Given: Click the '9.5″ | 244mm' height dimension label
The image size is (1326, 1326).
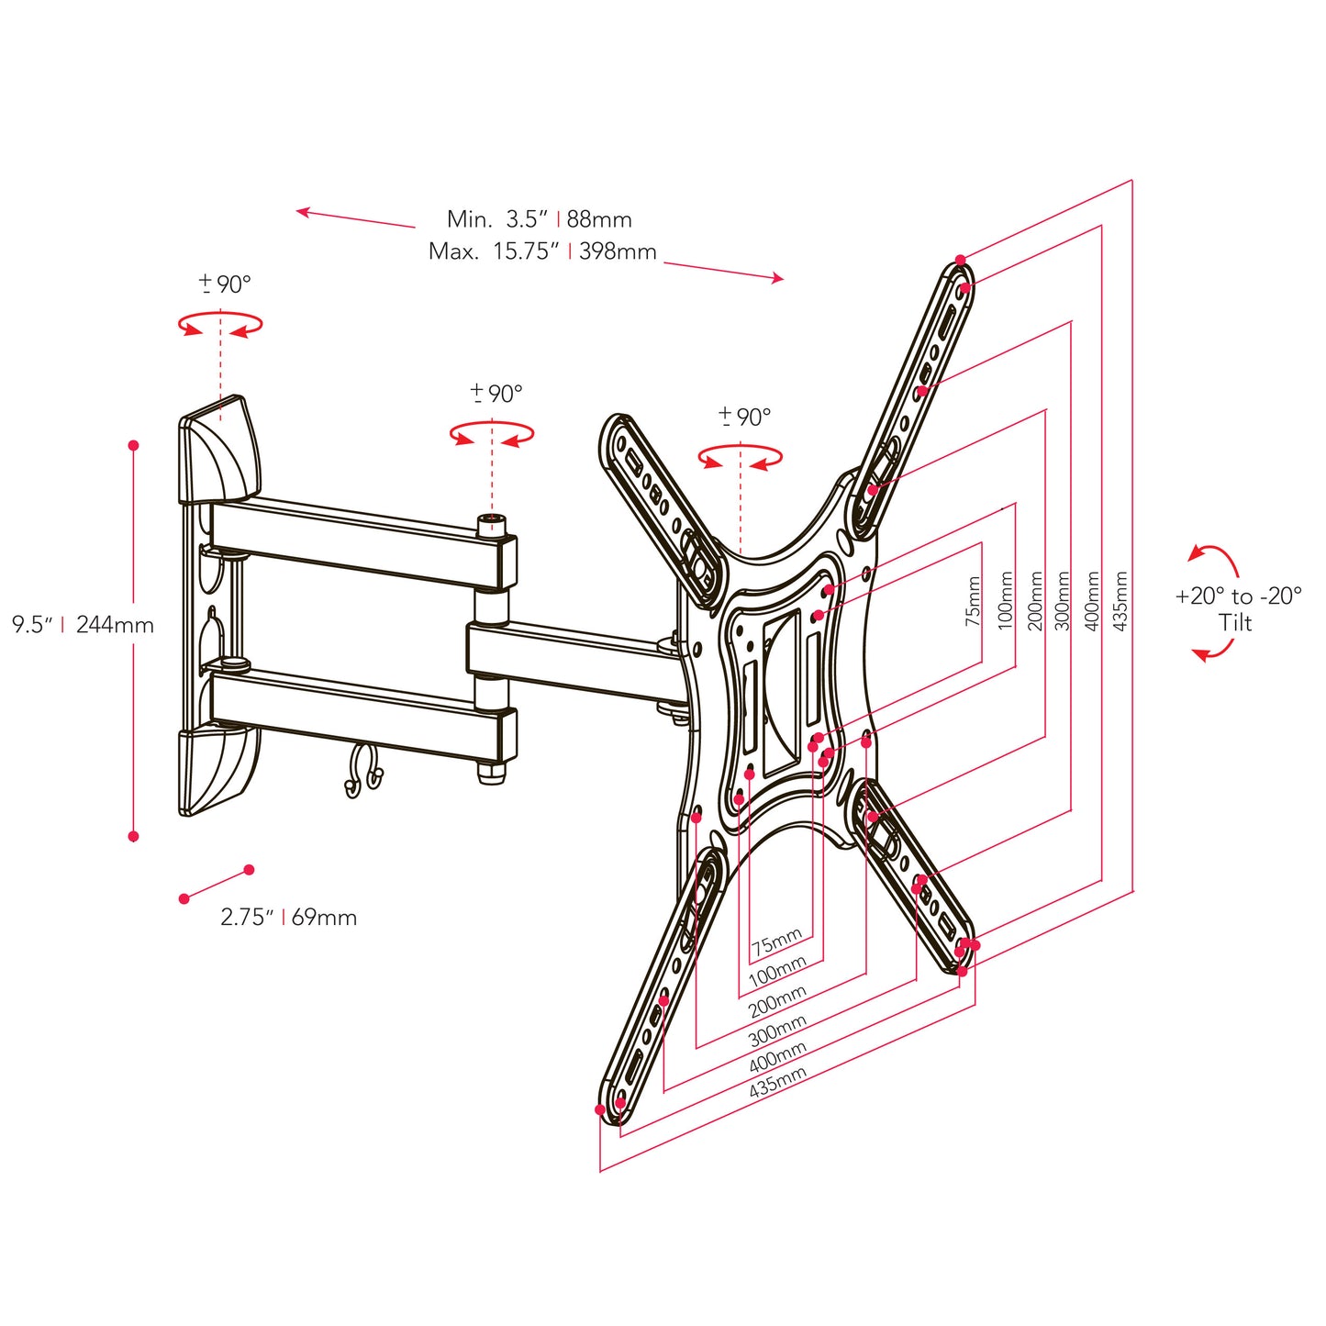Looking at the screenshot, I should pos(83,625).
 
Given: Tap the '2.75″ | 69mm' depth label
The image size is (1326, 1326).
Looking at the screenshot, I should pos(288,917).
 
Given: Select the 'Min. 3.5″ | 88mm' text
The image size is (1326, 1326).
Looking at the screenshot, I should pos(539,219).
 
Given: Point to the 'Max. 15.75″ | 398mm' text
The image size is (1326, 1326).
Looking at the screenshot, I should pos(541,251).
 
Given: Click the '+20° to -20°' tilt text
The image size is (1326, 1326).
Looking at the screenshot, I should pos(1238,596).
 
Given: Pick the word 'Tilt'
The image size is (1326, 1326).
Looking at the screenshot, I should pos(1235,623).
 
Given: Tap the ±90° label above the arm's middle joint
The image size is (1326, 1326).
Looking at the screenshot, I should pos(496,394).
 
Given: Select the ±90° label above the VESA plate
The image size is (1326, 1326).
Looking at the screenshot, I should pos(744,418).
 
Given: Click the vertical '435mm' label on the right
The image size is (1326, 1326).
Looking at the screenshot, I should pos(1120,601).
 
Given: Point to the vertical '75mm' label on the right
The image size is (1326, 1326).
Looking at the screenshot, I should pos(974,601).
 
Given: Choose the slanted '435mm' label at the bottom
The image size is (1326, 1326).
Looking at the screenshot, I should pos(777,1083).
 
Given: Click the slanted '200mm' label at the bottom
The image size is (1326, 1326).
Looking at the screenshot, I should pos(777,1001).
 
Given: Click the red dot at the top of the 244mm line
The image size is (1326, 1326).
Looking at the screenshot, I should pos(133,445).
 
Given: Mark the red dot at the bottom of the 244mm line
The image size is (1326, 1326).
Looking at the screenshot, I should pos(133,836).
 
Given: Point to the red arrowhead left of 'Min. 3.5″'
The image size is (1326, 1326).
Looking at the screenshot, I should pos(303,212).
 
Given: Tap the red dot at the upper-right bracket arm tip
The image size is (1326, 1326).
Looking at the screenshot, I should pos(960,260).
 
